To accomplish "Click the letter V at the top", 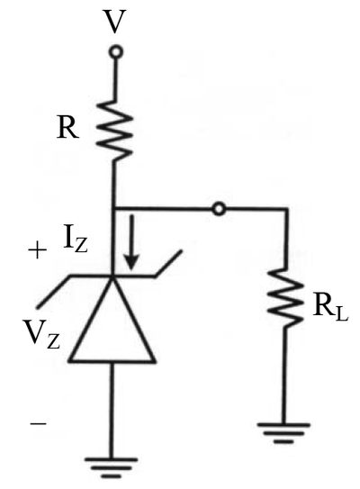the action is tap(115, 22).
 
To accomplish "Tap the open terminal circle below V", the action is tap(116, 52).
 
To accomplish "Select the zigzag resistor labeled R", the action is tap(114, 130).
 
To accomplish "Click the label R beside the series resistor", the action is tap(67, 128).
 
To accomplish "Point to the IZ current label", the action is tap(76, 241).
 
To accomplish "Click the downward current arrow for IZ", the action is tap(131, 242).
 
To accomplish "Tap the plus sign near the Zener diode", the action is tap(38, 250).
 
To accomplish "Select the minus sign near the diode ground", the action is tap(39, 423).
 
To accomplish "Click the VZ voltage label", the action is tap(41, 335).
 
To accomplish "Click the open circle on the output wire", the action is tap(219, 209).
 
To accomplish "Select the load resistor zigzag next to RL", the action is tap(285, 297).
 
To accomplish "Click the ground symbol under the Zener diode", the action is tap(111, 467).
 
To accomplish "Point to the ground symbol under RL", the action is tap(283, 433).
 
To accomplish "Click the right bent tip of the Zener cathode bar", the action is tap(181, 251).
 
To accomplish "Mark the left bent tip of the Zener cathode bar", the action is tap(38, 307).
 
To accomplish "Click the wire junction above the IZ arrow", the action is tap(112, 208).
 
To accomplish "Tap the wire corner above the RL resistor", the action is tap(286, 209).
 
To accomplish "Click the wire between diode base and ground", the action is tap(112, 410).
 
